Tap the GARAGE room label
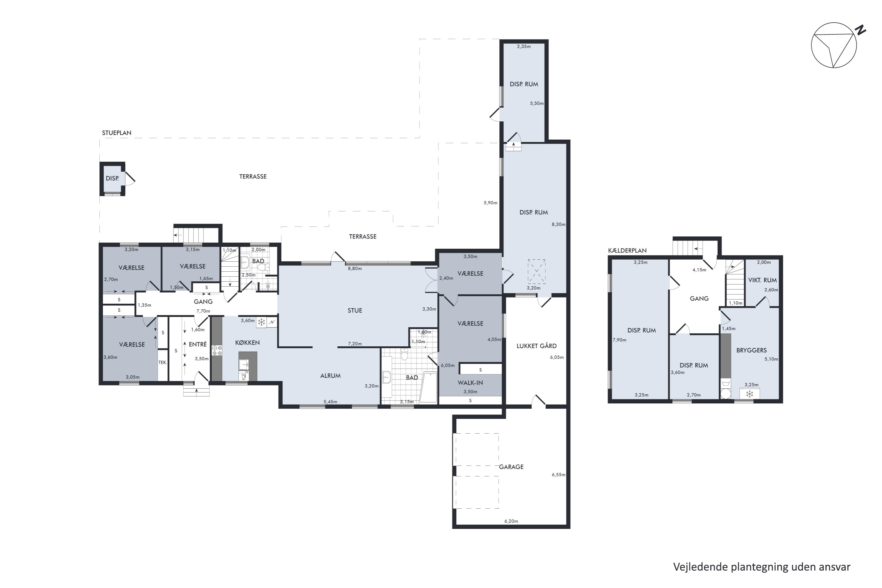pyautogui.click(x=511, y=467)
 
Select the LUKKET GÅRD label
pyautogui.click(x=536, y=346)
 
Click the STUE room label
pyautogui.click(x=355, y=310)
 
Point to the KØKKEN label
pyautogui.click(x=247, y=343)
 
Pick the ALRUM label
pyautogui.click(x=330, y=376)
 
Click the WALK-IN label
pyautogui.click(x=470, y=383)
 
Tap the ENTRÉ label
pyautogui.click(x=198, y=344)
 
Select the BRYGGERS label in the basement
pyautogui.click(x=751, y=350)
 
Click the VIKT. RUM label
pyautogui.click(x=762, y=280)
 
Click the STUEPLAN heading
pyautogui.click(x=117, y=133)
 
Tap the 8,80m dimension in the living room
pyautogui.click(x=355, y=268)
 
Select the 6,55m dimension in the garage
pyautogui.click(x=558, y=475)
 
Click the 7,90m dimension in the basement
pyautogui.click(x=619, y=340)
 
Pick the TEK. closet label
pyautogui.click(x=162, y=363)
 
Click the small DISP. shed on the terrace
pyautogui.click(x=112, y=179)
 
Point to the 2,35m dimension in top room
pyautogui.click(x=524, y=46)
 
